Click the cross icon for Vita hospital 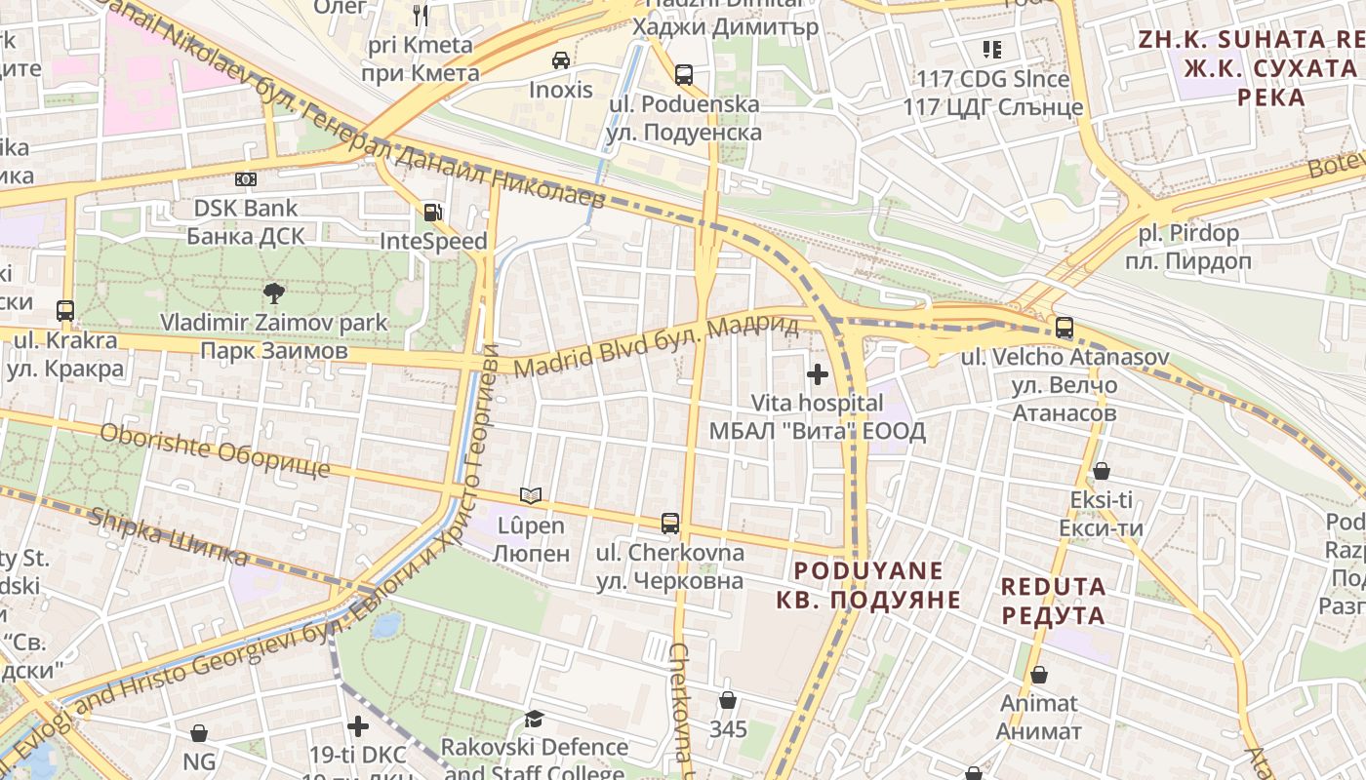click(x=818, y=374)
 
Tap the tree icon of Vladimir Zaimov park click(x=274, y=292)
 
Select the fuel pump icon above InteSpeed click(x=432, y=212)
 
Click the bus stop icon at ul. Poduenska click(x=684, y=75)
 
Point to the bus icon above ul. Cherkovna click(x=670, y=524)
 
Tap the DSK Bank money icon click(x=246, y=179)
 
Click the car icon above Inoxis click(x=561, y=60)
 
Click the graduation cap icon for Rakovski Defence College click(x=534, y=720)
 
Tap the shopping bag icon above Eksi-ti click(x=1102, y=471)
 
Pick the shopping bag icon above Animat click(x=1039, y=675)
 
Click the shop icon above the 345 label click(x=728, y=700)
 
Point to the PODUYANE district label click(x=868, y=570)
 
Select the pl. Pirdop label click(x=1187, y=234)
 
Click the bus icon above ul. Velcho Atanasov click(x=1065, y=328)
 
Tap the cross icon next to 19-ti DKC click(x=358, y=726)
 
